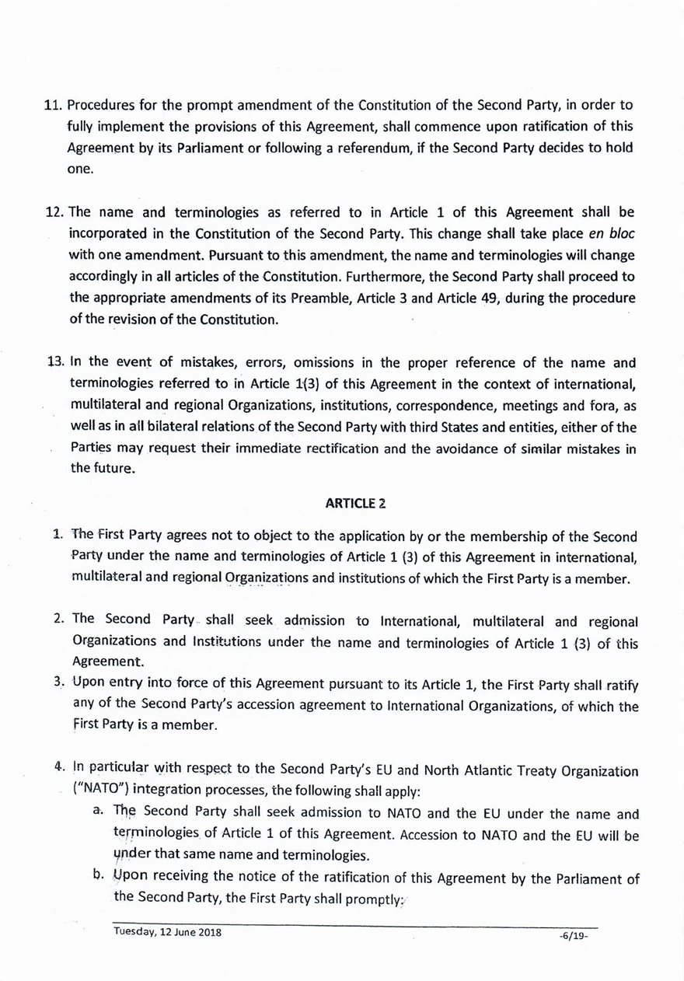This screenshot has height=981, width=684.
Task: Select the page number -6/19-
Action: (x=575, y=935)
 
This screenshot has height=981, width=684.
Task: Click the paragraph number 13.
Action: (x=57, y=362)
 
